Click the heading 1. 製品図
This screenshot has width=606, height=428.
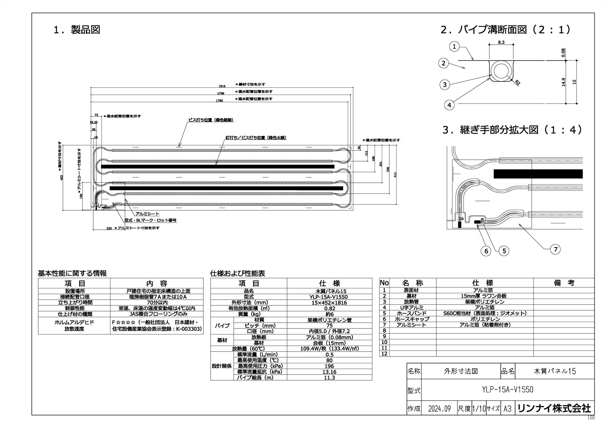[77, 30]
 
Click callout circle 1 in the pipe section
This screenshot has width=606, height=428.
[454, 47]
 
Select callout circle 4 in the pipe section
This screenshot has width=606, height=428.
[449, 105]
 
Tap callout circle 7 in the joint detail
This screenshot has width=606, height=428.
[556, 249]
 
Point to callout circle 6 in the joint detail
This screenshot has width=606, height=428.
[486, 251]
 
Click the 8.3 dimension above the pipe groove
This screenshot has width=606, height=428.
[501, 42]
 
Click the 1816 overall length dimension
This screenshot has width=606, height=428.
[222, 86]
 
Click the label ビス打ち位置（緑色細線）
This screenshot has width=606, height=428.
[211, 120]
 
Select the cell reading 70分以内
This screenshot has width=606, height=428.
[156, 302]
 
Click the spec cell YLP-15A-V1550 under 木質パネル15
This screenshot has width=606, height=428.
[329, 297]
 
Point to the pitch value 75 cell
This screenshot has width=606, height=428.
[329, 325]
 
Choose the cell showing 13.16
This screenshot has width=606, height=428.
[329, 372]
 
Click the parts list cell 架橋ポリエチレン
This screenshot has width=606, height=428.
[484, 302]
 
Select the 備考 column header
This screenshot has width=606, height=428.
[564, 283]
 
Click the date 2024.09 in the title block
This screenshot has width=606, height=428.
[439, 409]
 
